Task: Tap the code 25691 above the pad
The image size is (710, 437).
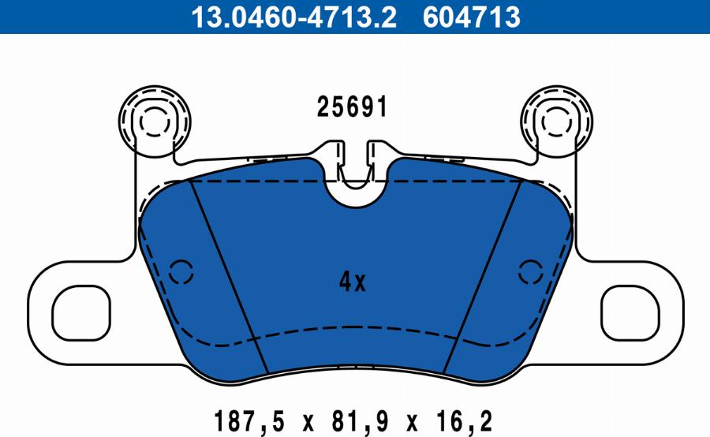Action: pos(353,107)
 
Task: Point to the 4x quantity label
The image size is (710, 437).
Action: pos(353,282)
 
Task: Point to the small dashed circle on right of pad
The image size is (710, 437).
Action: pos(529,271)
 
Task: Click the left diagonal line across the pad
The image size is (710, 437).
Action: pos(230,276)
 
